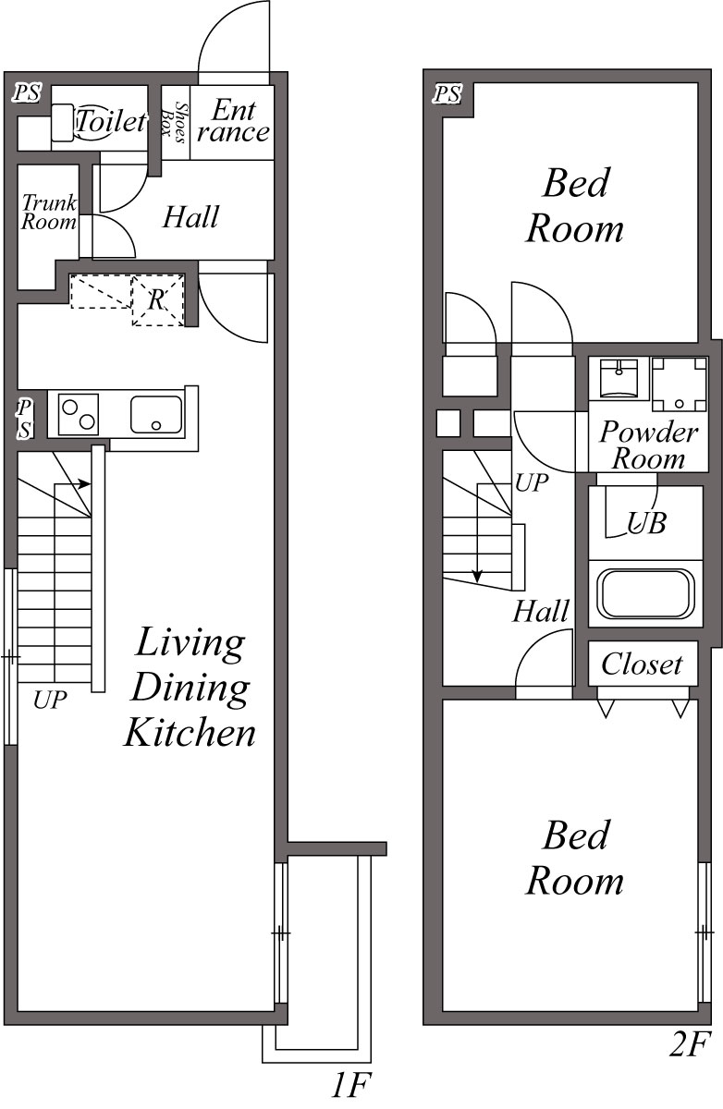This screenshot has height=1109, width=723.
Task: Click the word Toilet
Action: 111,121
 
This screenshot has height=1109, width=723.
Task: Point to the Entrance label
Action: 233,120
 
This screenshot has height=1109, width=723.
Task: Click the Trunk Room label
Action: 48,212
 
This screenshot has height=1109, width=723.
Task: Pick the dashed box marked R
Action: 157,299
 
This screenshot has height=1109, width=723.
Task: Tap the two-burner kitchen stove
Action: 79,413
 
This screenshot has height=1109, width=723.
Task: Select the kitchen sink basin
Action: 156,414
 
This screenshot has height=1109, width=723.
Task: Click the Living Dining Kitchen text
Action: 190,687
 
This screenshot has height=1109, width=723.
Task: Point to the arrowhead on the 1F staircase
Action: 85,482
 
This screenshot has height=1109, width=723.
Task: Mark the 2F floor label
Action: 688,1046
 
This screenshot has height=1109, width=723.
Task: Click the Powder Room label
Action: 648,445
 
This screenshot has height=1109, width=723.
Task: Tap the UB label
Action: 646,523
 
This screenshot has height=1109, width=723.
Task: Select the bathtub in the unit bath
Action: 645,593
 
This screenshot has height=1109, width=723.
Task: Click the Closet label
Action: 642,664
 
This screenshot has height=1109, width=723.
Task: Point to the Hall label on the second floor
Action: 541,611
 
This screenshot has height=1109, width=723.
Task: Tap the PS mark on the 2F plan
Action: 448,93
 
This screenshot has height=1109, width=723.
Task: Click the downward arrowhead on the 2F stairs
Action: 477,576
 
